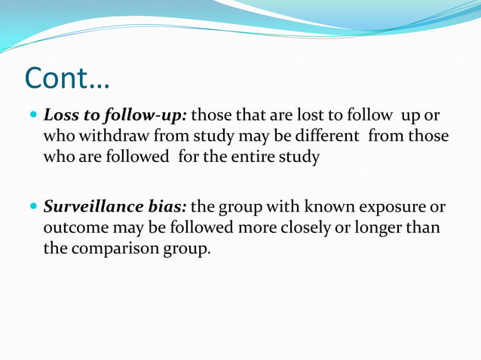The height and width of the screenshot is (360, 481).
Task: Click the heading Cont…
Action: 67,78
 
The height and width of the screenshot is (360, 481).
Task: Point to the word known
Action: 318,206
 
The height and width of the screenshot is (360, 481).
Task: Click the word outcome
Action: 74,227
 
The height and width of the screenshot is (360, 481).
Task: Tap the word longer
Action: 372,227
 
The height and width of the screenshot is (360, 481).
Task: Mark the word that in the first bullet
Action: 254,117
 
